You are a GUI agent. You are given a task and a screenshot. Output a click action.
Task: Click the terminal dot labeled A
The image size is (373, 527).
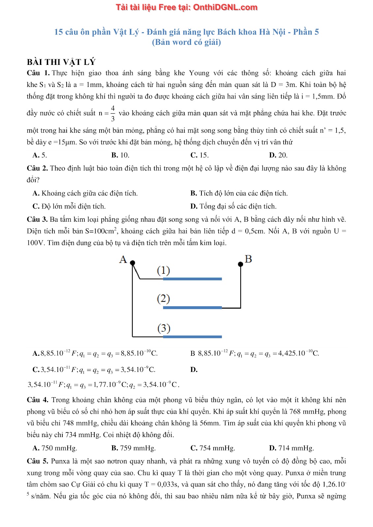point(133,263)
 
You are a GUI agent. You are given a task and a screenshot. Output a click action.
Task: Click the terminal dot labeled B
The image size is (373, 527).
point(240,264)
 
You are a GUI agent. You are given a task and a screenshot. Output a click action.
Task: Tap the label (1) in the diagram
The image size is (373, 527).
point(163,270)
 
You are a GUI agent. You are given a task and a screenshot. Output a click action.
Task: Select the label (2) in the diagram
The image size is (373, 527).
point(163,299)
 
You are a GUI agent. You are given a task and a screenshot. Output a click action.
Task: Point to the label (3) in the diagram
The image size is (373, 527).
point(164,328)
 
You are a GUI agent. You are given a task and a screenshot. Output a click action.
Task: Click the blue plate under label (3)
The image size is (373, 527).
point(192,337)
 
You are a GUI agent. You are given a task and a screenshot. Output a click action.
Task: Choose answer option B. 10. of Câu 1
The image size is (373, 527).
point(120,155)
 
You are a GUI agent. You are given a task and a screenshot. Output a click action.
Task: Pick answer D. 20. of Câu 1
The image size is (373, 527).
point(278,155)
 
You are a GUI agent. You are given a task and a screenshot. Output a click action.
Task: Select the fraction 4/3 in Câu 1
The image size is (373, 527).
point(113,113)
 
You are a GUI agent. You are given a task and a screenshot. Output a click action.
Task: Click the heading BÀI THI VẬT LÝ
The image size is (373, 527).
point(61,62)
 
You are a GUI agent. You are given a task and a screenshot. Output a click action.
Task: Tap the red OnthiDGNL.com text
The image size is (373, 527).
point(225,7)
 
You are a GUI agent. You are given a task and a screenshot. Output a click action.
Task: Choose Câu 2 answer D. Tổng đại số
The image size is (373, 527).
point(233,207)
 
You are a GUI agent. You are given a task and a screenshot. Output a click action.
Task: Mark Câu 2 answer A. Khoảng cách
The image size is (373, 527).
point(85,193)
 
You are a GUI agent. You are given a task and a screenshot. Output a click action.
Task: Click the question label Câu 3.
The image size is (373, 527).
point(37,219)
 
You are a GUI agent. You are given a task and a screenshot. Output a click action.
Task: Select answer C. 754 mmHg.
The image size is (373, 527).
point(213,448)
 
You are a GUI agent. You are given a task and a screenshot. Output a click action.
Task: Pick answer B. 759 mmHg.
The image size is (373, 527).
point(134,448)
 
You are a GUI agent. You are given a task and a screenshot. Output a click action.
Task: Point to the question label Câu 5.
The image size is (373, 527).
point(37,461)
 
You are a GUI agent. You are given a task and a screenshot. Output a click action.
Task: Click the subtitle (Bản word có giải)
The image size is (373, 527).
point(186,42)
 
